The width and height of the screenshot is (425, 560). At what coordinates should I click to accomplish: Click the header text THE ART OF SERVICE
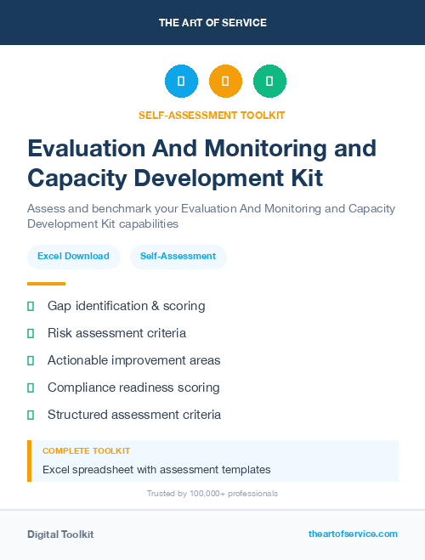click(x=212, y=23)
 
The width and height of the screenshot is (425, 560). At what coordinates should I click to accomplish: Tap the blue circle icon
click(x=181, y=82)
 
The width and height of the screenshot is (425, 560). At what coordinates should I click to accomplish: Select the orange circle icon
click(x=225, y=82)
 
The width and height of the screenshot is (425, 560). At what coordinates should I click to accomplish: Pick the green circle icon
click(x=269, y=82)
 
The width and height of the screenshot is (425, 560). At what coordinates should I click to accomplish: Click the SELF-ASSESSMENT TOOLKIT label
click(x=212, y=115)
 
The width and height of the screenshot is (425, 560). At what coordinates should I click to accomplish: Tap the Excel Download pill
click(x=73, y=256)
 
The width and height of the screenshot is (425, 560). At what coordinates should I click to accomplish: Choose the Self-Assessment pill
click(x=178, y=256)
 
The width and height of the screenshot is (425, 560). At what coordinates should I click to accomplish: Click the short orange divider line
click(x=46, y=284)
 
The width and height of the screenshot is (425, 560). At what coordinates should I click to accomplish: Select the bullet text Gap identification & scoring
click(x=126, y=306)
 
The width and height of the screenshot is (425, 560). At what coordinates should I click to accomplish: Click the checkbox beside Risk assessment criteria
click(x=31, y=333)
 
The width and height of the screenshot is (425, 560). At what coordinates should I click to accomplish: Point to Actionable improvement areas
click(x=133, y=360)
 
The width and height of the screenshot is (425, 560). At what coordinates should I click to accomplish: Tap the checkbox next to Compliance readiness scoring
click(x=31, y=387)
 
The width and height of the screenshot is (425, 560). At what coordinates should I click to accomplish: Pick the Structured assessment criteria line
click(x=134, y=415)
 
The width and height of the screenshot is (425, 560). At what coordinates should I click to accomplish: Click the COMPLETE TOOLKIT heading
click(x=86, y=451)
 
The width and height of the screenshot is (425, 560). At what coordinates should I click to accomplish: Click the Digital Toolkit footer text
click(x=60, y=535)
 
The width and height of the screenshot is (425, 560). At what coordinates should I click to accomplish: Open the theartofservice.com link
click(x=353, y=534)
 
